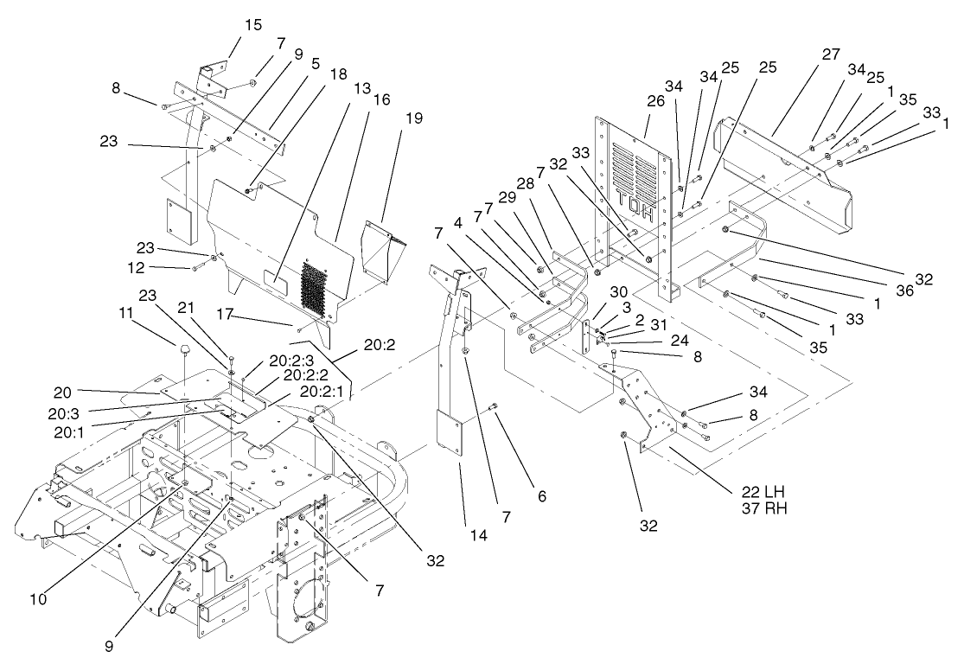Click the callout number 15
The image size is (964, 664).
pos(252,23)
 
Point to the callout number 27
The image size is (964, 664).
pos(831,54)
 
